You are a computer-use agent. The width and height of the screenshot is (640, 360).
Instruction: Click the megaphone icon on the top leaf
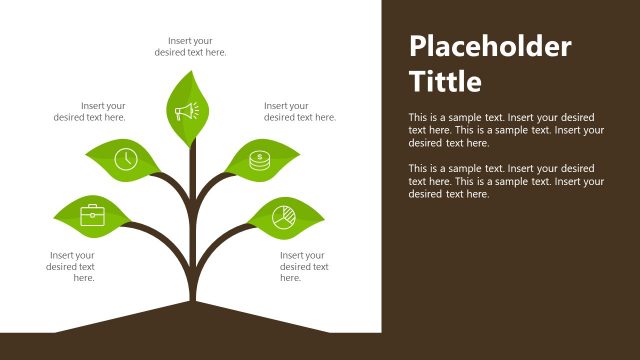coord(188,111)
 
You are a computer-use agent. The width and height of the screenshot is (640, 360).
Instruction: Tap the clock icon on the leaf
coord(125,158)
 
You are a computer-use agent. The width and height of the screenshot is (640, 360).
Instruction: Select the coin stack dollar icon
coord(259,159)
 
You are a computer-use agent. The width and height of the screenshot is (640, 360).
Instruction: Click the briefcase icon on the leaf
coord(93,214)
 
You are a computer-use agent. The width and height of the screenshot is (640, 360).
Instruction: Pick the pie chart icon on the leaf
coord(284,215)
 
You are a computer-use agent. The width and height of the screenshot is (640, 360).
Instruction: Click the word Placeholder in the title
coord(490,47)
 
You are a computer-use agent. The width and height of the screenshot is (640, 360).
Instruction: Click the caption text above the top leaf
coord(190,46)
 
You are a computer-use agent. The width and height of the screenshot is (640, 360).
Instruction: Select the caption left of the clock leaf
coord(90,111)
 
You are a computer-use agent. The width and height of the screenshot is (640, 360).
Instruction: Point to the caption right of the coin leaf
coord(300,111)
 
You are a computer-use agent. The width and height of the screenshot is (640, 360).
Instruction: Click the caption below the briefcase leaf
coord(71,267)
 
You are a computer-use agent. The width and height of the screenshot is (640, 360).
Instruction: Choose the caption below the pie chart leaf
coord(303,267)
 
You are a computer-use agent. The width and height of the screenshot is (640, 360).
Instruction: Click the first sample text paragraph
coord(507,129)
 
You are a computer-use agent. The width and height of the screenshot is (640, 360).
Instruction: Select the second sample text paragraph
coord(507,181)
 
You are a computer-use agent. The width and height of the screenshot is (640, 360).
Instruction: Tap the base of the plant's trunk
coord(191,295)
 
